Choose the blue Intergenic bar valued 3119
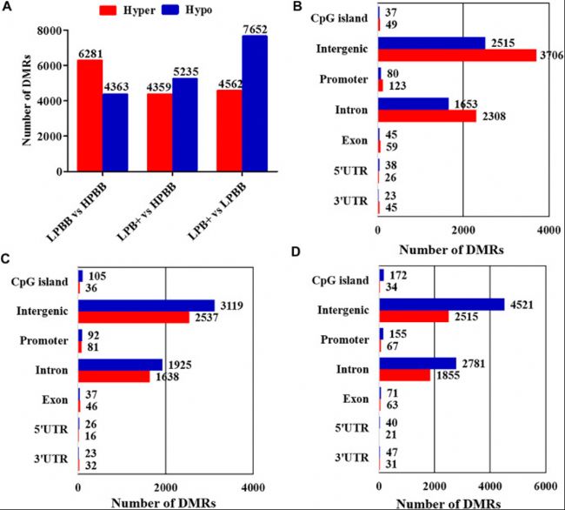146,305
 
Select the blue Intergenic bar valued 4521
441,305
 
